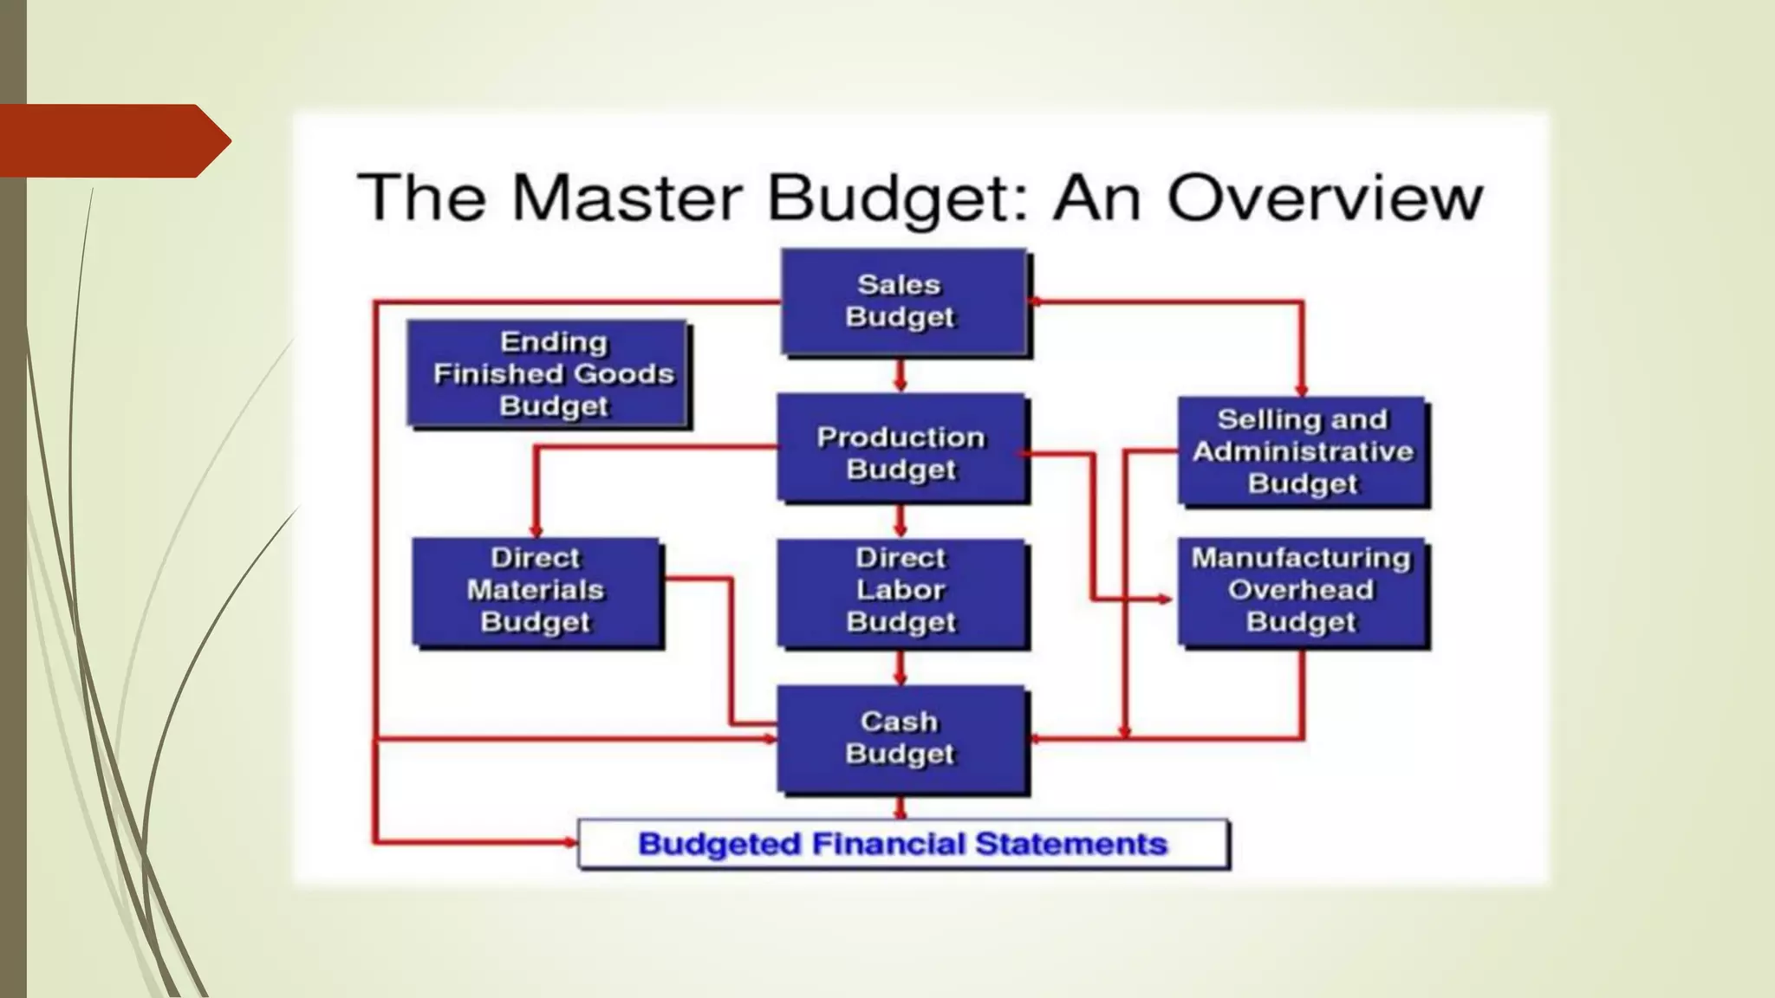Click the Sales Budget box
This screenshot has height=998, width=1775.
click(901, 301)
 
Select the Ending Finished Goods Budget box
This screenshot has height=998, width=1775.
click(548, 373)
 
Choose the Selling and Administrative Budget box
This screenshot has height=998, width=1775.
click(1303, 451)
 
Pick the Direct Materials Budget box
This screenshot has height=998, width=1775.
click(536, 592)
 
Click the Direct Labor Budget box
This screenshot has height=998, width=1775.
click(901, 593)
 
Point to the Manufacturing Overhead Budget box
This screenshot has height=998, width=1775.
click(1303, 593)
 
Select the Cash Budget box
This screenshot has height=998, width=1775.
click(901, 739)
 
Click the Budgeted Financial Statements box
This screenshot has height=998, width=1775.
click(902, 844)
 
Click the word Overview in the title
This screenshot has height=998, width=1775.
click(1325, 198)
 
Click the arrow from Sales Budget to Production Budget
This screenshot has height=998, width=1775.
click(901, 375)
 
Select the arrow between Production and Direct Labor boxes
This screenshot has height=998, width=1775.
click(901, 522)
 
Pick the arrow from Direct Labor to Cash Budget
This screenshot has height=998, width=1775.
click(901, 668)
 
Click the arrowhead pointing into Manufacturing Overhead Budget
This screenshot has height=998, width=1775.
click(1164, 599)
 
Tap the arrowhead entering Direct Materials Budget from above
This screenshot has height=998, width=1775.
click(536, 528)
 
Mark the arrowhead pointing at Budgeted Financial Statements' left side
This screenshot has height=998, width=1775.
click(569, 841)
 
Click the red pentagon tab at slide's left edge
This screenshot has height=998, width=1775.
click(113, 140)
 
